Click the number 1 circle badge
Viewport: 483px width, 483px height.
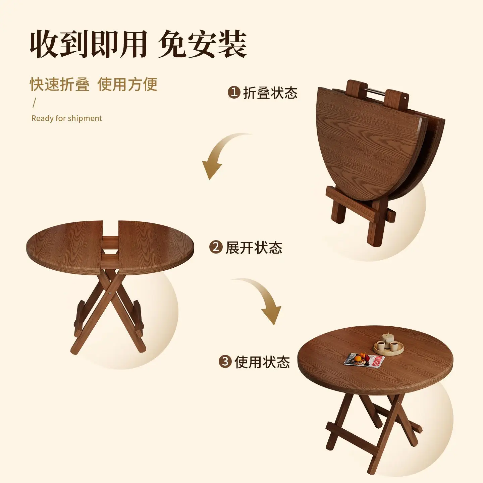[x=234, y=92]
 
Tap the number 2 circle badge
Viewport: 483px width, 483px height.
[x=216, y=247]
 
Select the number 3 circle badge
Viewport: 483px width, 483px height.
[x=225, y=362]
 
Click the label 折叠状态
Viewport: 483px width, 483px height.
[x=270, y=93]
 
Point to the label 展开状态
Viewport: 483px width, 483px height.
[x=254, y=248]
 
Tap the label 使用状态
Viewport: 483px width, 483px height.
[x=262, y=362]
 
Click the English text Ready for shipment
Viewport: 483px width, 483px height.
[x=67, y=118]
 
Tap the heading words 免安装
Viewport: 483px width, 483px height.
[x=202, y=44]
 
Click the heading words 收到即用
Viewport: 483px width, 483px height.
[x=88, y=44]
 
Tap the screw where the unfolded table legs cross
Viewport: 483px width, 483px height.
[x=110, y=291]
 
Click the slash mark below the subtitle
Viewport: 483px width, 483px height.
[x=34, y=103]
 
